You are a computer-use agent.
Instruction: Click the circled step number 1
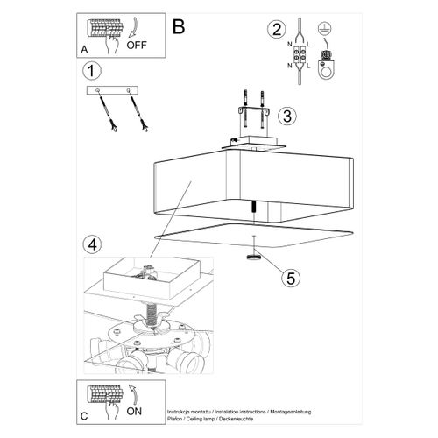pyautogui.click(x=88, y=70)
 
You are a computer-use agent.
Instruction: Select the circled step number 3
pyautogui.click(x=286, y=116)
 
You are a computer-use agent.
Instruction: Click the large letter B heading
pyautogui.click(x=179, y=27)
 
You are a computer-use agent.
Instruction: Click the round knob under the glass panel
pyautogui.click(x=252, y=258)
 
